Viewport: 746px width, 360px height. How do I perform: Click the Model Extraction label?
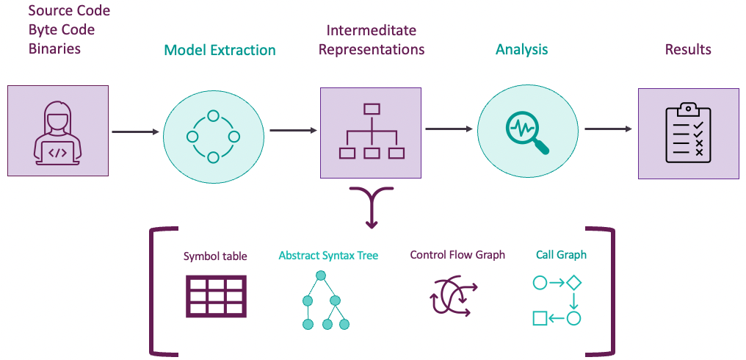[x=220, y=51]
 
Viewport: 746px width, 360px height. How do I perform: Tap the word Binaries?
[x=54, y=48]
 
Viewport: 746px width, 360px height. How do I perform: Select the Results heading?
[x=688, y=50]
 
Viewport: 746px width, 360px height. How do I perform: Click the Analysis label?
[x=521, y=50]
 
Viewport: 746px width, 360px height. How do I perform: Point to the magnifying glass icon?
[x=527, y=134]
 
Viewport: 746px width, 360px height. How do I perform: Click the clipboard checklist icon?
[x=688, y=133]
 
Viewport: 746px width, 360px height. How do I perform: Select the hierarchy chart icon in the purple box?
[x=371, y=132]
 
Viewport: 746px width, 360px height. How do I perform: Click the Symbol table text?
[x=215, y=256]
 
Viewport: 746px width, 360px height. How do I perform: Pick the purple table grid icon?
[x=215, y=295]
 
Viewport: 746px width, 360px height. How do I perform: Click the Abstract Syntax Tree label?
[x=328, y=256]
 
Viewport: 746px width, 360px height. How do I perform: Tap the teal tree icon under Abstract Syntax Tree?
[x=322, y=300]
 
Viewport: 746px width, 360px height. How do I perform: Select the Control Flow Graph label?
[x=457, y=255]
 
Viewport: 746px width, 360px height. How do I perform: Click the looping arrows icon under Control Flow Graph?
[x=454, y=297]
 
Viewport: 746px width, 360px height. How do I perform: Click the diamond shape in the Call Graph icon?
[x=574, y=283]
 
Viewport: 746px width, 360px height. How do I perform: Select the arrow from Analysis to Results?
[x=608, y=129]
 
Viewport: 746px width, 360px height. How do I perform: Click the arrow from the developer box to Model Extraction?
[x=136, y=132]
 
